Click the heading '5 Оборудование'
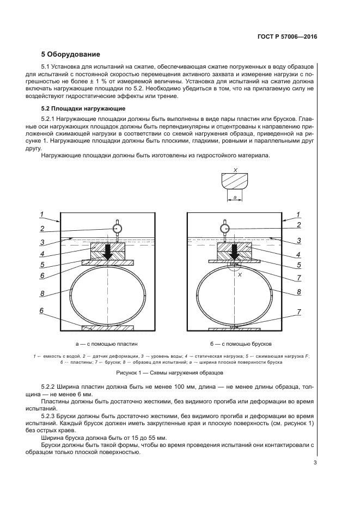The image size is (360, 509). pyautogui.click(x=71, y=54)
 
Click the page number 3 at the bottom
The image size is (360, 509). pyautogui.click(x=315, y=463)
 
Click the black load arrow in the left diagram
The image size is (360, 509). pyautogui.click(x=108, y=252)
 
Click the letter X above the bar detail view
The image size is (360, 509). pyautogui.click(x=235, y=170)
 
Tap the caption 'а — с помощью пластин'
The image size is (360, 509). pyautogui.click(x=107, y=344)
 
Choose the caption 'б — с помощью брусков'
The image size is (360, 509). pyautogui.click(x=240, y=344)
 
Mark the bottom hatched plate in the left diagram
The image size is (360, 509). pyautogui.click(x=107, y=328)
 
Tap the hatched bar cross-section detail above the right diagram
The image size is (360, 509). pyautogui.click(x=235, y=180)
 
